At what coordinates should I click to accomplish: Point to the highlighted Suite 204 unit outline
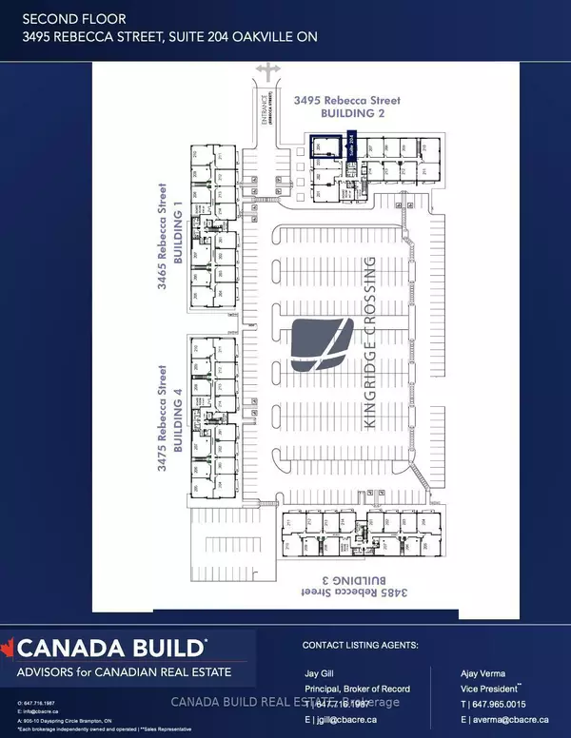(x=326, y=146)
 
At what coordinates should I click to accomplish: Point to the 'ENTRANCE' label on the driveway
(x=253, y=111)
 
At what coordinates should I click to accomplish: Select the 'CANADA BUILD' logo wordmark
(x=116, y=650)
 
